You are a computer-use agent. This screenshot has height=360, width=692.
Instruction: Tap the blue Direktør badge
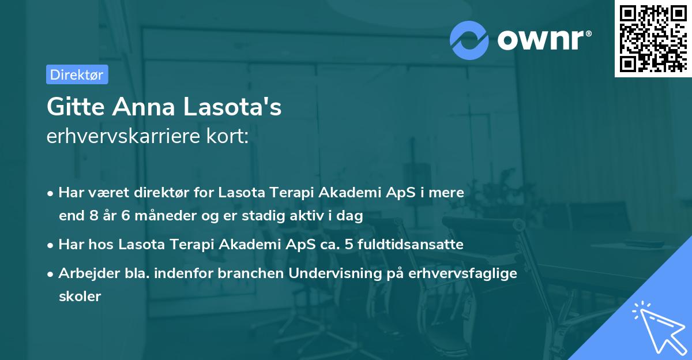pyautogui.click(x=77, y=74)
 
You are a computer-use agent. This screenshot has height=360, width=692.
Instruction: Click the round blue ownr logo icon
pyautogui.click(x=469, y=39)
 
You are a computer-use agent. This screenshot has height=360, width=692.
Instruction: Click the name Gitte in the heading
pyautogui.click(x=75, y=107)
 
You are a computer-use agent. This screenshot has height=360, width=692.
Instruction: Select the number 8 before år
pyautogui.click(x=95, y=216)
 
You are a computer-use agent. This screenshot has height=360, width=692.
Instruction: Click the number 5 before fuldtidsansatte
pyautogui.click(x=349, y=244)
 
